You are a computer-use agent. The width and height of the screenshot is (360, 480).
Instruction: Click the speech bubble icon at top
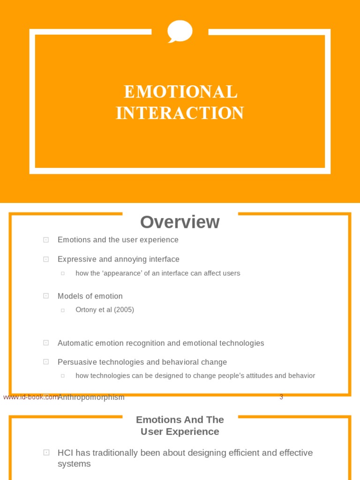(x=180, y=31)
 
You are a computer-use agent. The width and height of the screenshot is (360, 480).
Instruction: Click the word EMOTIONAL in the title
(x=180, y=92)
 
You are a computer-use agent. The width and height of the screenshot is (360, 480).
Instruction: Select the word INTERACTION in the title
(x=180, y=113)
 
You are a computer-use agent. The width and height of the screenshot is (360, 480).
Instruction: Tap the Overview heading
(x=180, y=222)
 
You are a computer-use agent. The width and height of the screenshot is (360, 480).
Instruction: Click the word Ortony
(x=87, y=310)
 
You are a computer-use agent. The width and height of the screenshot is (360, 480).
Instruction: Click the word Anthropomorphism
(x=91, y=397)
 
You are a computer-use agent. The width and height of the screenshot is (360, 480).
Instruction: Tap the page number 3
(x=281, y=397)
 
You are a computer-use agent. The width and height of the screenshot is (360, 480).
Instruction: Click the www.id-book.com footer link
(x=30, y=397)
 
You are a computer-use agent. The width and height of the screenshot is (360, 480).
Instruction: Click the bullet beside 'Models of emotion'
(x=46, y=296)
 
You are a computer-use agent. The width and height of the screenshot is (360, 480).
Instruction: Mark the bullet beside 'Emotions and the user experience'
(x=46, y=240)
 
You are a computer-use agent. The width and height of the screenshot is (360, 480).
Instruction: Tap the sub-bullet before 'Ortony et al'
(x=62, y=310)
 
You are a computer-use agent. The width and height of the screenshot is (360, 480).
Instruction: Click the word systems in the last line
(x=74, y=464)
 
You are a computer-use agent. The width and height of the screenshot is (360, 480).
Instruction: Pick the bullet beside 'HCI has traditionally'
(x=46, y=452)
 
